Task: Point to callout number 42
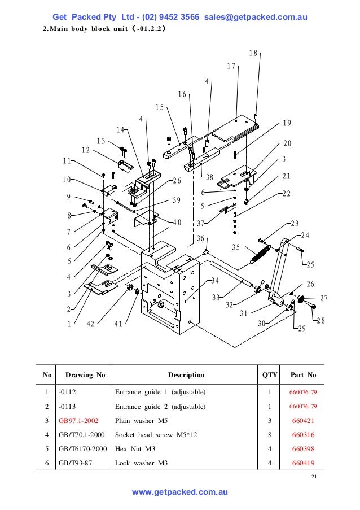click(x=90, y=324)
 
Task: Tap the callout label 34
click(x=215, y=281)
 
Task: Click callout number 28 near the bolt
click(x=321, y=321)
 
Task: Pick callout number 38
click(x=209, y=177)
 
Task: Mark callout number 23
click(x=295, y=224)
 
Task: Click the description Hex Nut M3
click(x=136, y=450)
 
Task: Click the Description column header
click(x=186, y=374)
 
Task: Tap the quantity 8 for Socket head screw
click(x=270, y=435)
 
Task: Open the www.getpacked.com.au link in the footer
click(x=179, y=492)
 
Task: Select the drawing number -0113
click(x=67, y=407)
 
